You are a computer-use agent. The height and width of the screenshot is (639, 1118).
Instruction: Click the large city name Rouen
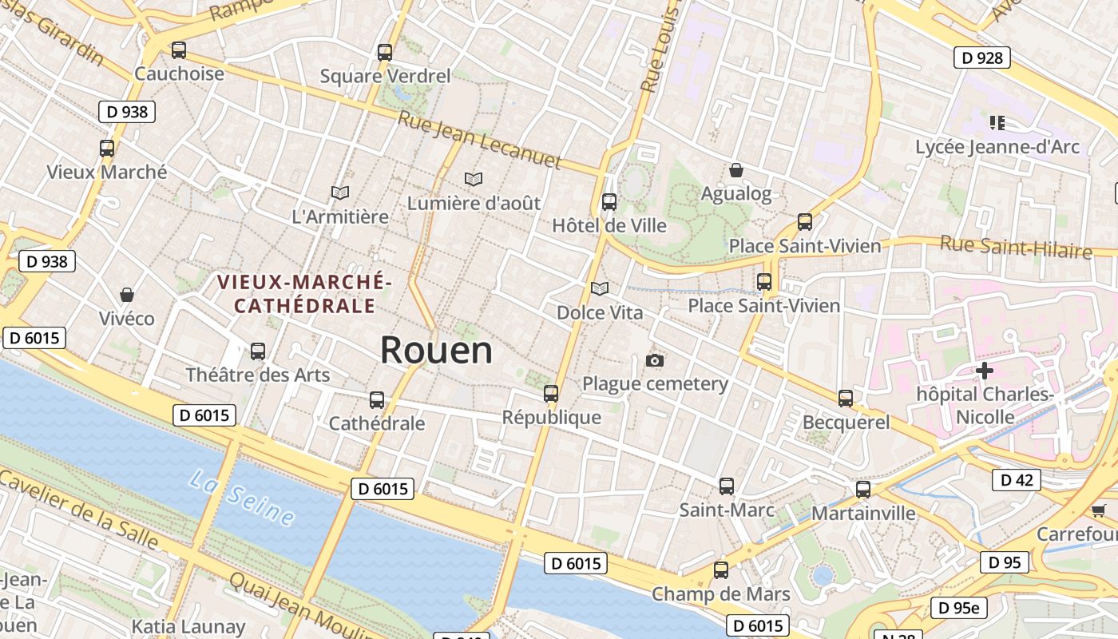pyautogui.click(x=436, y=350)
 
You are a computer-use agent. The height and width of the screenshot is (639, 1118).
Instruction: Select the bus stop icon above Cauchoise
pyautogui.click(x=179, y=50)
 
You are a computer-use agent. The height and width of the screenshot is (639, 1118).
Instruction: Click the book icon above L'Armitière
pyautogui.click(x=340, y=192)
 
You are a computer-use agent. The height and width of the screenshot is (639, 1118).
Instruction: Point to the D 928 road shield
pyautogui.click(x=981, y=58)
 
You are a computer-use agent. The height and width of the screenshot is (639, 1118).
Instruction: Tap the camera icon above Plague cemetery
pyautogui.click(x=655, y=361)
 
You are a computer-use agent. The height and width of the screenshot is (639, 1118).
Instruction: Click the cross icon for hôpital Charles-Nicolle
pyautogui.click(x=985, y=371)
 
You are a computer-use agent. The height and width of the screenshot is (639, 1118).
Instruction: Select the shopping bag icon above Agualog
pyautogui.click(x=736, y=170)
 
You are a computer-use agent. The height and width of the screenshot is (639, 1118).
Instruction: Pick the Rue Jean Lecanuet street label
pyautogui.click(x=480, y=141)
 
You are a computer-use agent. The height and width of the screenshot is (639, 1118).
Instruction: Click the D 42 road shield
pyautogui.click(x=1016, y=480)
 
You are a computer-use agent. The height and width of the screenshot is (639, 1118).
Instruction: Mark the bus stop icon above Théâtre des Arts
pyautogui.click(x=258, y=351)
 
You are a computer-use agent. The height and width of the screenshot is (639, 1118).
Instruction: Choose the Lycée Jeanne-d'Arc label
pyautogui.click(x=997, y=147)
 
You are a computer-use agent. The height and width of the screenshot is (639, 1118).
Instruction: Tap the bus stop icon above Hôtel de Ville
pyautogui.click(x=609, y=201)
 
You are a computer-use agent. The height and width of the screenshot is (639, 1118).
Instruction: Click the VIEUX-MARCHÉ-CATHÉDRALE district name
pyautogui.click(x=304, y=293)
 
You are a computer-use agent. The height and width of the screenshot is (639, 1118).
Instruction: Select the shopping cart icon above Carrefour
pyautogui.click(x=1098, y=510)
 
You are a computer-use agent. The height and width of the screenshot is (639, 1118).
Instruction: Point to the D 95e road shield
pyautogui.click(x=958, y=608)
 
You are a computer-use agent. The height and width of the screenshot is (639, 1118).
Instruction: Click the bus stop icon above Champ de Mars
pyautogui.click(x=721, y=570)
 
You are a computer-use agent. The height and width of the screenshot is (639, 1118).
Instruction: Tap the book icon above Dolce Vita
pyautogui.click(x=599, y=288)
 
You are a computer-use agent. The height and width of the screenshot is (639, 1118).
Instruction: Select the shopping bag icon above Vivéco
pyautogui.click(x=126, y=295)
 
